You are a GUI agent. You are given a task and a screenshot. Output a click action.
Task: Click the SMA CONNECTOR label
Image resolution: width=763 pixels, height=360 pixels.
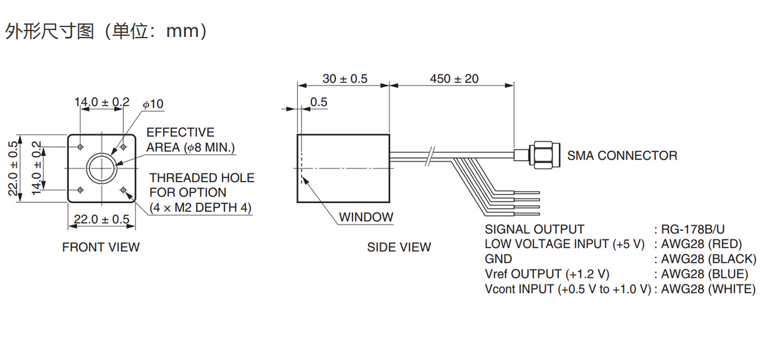click(622, 155)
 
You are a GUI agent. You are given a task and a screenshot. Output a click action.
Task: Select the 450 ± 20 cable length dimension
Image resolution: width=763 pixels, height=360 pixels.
click(454, 79)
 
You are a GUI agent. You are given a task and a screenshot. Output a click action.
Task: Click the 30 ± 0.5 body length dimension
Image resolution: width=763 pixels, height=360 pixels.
click(345, 79)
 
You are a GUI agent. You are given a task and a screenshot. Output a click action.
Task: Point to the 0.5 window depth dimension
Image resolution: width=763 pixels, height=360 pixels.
click(318, 102)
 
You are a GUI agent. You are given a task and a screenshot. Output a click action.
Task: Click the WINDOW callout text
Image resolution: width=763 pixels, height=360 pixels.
click(366, 217)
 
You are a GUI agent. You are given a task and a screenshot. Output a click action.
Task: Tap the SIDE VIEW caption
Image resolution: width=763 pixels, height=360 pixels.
click(399, 247)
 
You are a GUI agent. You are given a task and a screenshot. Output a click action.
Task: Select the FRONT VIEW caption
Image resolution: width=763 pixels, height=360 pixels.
click(101, 247)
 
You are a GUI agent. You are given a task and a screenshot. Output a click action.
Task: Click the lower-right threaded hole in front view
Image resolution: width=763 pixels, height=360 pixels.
click(123, 189)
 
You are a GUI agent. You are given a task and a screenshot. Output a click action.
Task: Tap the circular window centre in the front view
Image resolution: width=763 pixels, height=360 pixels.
click(102, 168)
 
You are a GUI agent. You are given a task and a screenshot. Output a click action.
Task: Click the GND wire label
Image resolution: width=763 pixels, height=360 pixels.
click(498, 259)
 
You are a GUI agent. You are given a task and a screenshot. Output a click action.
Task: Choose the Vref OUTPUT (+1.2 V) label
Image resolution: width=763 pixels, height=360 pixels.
click(547, 274)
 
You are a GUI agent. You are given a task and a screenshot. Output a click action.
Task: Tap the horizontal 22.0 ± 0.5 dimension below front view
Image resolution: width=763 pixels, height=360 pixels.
click(101, 219)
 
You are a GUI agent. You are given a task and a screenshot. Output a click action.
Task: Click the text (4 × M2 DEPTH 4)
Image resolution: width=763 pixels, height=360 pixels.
click(201, 208)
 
